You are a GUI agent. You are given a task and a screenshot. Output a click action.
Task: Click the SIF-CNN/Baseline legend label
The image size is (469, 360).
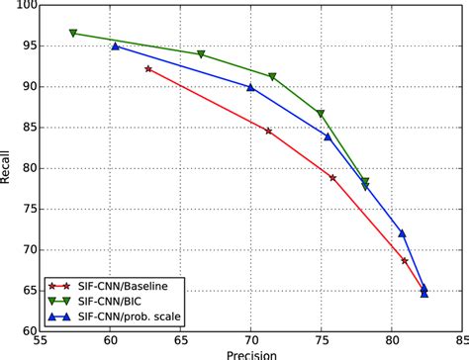[x=123, y=286]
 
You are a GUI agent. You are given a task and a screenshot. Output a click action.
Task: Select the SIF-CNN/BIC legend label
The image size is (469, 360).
[x=110, y=301]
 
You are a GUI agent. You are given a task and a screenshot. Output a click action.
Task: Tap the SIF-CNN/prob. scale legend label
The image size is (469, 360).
[x=130, y=316]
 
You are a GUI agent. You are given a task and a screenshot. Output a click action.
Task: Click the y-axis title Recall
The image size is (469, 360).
[x=4, y=167]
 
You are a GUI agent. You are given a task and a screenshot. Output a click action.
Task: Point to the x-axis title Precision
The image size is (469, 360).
[x=251, y=355]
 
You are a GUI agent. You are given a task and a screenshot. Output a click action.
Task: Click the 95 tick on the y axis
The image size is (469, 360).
[x=28, y=46]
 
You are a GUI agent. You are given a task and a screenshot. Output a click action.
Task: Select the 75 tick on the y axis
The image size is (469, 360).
[x=28, y=210]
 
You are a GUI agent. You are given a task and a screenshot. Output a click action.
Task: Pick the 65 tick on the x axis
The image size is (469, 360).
[x=180, y=340]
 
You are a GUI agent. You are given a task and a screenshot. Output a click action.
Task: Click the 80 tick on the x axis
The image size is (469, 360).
[x=392, y=340]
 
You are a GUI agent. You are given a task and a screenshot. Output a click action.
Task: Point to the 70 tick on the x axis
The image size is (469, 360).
[x=250, y=340]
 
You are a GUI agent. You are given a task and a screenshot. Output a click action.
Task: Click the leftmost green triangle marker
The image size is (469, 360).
[x=73, y=33]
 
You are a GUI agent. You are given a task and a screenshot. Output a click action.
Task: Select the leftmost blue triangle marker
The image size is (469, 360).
[x=115, y=45]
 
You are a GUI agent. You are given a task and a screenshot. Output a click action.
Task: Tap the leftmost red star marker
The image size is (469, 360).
[x=148, y=69]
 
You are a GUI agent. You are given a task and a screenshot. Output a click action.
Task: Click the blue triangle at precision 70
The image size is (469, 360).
[x=250, y=87]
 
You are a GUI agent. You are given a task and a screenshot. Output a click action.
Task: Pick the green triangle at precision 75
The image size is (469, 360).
[x=321, y=114]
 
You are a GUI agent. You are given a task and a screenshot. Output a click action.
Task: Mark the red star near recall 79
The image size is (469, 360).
[x=332, y=178]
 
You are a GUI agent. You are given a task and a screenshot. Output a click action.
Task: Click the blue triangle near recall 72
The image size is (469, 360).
[x=402, y=233]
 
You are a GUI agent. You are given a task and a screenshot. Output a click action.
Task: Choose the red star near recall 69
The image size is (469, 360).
[x=405, y=261]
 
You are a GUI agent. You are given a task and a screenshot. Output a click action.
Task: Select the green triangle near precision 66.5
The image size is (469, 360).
[x=201, y=54]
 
